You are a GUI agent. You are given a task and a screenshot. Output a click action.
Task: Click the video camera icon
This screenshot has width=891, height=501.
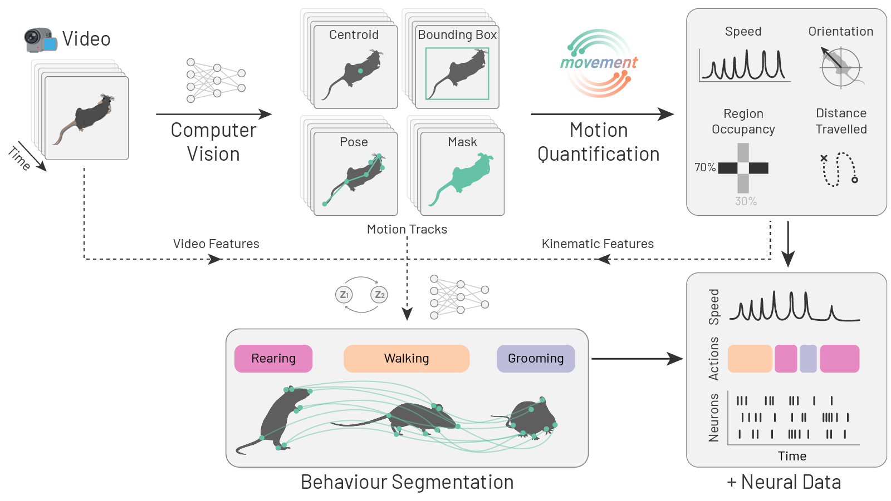tap(41, 40)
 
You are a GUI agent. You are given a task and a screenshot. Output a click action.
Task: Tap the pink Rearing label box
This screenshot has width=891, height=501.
tap(273, 359)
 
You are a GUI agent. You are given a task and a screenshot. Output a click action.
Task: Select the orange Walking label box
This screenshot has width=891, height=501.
tap(407, 359)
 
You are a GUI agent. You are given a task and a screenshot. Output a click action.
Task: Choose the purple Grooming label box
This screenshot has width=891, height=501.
tap(536, 359)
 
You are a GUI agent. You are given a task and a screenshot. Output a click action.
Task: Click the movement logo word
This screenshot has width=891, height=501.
tap(599, 63)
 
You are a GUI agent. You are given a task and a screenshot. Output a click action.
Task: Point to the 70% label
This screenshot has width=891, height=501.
tap(705, 167)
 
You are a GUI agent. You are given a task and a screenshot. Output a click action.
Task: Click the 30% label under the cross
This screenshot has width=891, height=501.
tap(746, 201)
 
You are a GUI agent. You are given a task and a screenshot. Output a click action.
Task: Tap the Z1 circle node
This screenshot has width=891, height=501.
tap(344, 295)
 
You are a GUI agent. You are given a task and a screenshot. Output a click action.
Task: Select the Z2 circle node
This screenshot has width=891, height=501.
tap(379, 295)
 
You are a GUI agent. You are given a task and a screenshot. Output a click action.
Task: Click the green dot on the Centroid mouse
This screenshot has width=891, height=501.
tap(360, 71)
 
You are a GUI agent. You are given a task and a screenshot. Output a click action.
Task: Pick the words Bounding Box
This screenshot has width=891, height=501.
tap(457, 35)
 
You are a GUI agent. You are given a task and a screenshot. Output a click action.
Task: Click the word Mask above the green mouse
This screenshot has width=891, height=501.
tap(462, 142)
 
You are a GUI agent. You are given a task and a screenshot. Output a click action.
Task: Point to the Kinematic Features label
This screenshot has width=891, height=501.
tap(598, 244)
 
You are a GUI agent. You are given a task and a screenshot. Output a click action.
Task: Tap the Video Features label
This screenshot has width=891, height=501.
tap(216, 244)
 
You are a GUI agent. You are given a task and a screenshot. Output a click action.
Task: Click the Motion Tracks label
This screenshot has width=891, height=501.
tap(407, 229)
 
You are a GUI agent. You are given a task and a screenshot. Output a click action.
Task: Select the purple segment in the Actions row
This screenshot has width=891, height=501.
tap(808, 359)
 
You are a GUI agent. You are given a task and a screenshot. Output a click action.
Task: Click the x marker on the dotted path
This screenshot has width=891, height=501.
tap(824, 158)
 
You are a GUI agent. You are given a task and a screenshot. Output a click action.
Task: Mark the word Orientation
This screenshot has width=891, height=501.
tap(841, 32)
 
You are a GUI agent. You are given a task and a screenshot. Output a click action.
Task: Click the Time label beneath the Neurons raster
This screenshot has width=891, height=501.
tap(792, 457)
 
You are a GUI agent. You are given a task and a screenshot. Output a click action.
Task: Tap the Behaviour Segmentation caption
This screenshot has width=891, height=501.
tap(407, 482)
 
